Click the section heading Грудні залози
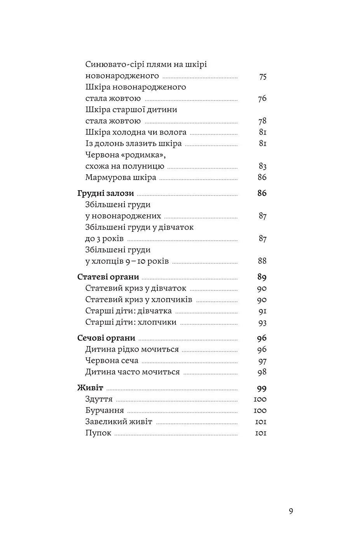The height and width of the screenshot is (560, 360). (105, 193)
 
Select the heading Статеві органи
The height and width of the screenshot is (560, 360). (108, 277)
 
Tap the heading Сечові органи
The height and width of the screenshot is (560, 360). (106, 338)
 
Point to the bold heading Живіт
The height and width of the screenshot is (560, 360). (90, 388)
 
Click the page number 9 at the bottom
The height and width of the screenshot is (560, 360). (291, 511)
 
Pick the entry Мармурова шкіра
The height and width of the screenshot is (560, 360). (121, 178)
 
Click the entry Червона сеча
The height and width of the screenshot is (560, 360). (112, 361)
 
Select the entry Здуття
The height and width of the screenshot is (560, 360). (99, 399)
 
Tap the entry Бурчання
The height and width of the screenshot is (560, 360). (105, 411)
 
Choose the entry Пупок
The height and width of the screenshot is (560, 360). (98, 433)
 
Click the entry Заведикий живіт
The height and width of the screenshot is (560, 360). (119, 422)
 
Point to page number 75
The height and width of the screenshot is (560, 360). (262, 76)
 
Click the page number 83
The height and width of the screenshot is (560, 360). (262, 166)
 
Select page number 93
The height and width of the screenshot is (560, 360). (262, 322)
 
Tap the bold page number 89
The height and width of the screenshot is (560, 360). (262, 277)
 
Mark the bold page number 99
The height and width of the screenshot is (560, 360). (262, 388)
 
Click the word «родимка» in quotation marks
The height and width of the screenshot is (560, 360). (143, 155)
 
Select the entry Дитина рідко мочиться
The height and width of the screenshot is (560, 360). (132, 350)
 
